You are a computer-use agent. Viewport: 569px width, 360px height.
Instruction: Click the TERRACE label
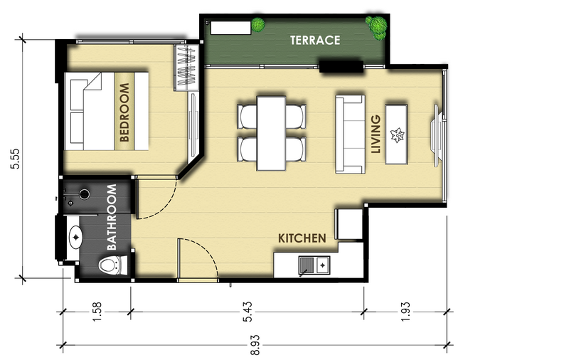pyautogui.click(x=315, y=40)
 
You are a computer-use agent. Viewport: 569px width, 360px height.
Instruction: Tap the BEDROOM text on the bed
pyautogui.click(x=124, y=112)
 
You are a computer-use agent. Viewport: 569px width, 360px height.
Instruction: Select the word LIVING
pyautogui.click(x=376, y=134)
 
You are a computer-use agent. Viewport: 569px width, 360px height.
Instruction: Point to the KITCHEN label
pyautogui.click(x=302, y=238)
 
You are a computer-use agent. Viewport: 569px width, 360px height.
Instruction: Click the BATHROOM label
pyautogui.click(x=112, y=218)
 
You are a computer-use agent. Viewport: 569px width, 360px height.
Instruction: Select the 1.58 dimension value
pyautogui.click(x=97, y=312)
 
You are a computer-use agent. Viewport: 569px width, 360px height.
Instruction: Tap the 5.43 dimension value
pyautogui.click(x=248, y=312)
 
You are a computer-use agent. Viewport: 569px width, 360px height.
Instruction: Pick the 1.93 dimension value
pyautogui.click(x=405, y=312)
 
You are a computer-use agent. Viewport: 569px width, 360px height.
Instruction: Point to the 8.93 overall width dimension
pyautogui.click(x=255, y=345)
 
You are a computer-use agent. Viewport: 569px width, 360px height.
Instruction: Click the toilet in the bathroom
pyautogui.click(x=113, y=265)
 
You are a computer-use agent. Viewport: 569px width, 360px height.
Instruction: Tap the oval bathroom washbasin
pyautogui.click(x=76, y=238)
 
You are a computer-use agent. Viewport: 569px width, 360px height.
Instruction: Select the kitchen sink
pyautogui.click(x=314, y=265)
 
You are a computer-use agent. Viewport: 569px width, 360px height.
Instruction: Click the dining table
pyautogui.click(x=271, y=133)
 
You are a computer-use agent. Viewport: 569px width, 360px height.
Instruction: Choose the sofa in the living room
pyautogui.click(x=350, y=134)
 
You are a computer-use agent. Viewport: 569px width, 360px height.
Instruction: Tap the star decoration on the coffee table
pyautogui.click(x=397, y=135)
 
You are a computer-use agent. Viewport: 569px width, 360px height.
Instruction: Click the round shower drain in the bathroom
pyautogui.click(x=85, y=194)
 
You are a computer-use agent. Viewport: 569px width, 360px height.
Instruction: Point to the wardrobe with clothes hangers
pyautogui.click(x=186, y=68)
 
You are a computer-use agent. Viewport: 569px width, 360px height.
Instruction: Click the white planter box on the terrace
pyautogui.click(x=230, y=28)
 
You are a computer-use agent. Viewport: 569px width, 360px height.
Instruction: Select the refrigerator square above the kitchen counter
pyautogui.click(x=350, y=224)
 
